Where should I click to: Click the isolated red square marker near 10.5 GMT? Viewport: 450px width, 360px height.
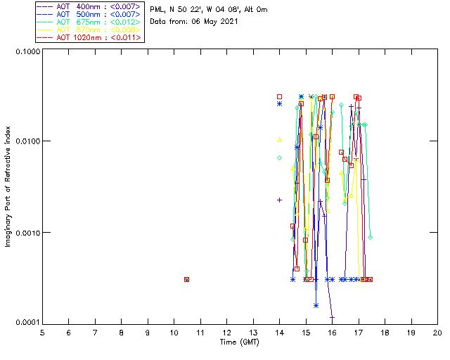tap(187, 279)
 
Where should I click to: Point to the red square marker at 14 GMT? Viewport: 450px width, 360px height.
tap(280, 96)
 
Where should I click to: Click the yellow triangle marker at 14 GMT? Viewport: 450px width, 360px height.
tap(280, 139)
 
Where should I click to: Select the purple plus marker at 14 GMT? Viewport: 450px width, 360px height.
tap(280, 200)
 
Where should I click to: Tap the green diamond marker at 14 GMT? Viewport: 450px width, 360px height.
tap(280, 157)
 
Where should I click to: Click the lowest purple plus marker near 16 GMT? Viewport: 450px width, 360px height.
tap(332, 317)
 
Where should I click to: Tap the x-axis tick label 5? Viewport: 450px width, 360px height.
tap(42, 333)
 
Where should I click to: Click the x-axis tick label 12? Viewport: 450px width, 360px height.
tap(226, 333)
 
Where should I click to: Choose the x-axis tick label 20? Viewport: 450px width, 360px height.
tap(437, 333)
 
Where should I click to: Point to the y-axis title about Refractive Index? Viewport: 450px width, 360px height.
tap(8, 186)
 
